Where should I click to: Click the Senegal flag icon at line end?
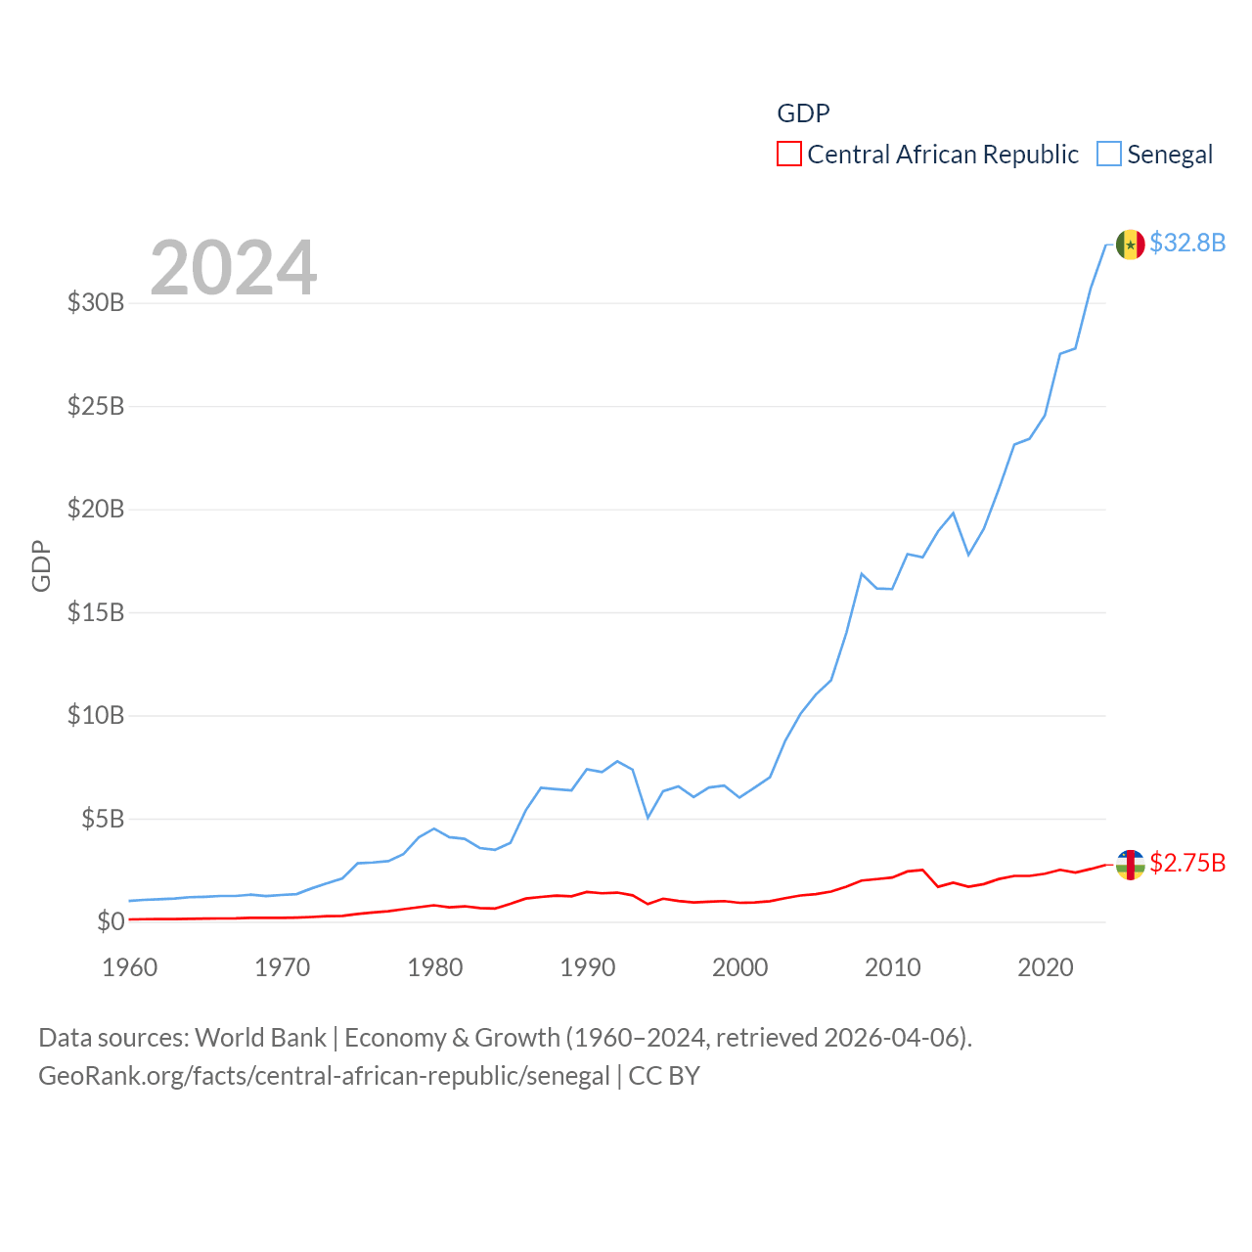click(x=1130, y=245)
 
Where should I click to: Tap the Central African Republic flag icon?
click(x=1130, y=865)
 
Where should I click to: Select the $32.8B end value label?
click(x=1187, y=243)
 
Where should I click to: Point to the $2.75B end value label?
click(x=1187, y=863)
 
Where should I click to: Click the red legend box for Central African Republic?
click(x=789, y=155)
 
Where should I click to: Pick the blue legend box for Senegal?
click(x=1108, y=155)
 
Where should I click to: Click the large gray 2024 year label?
click(x=233, y=267)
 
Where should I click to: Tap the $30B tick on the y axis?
click(x=96, y=302)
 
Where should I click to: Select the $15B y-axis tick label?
click(x=96, y=612)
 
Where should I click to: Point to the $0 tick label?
click(x=111, y=921)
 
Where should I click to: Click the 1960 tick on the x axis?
click(x=130, y=967)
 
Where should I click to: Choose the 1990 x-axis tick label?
click(x=588, y=967)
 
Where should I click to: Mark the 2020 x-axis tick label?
click(x=1046, y=967)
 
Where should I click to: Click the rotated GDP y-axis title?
click(x=41, y=565)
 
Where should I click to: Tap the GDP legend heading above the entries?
click(x=803, y=113)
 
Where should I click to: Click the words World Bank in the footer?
click(x=260, y=1038)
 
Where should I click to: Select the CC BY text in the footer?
click(x=664, y=1076)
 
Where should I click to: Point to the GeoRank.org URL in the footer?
click(x=324, y=1076)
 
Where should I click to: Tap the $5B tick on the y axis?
click(x=103, y=819)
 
